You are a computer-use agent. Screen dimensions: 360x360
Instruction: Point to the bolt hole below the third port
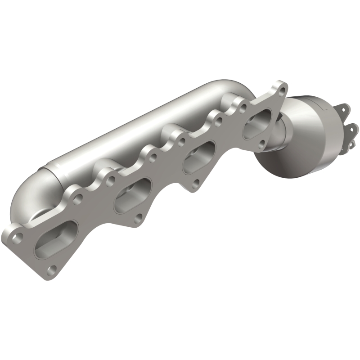(196, 183)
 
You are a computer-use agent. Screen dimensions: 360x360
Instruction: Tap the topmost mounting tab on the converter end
(344, 109)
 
